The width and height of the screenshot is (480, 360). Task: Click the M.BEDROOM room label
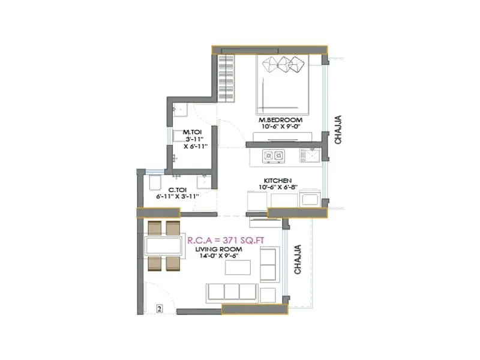(x=281, y=120)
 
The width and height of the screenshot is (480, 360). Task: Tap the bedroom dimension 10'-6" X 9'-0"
(x=281, y=127)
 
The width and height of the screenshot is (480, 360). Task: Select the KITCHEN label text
(x=278, y=181)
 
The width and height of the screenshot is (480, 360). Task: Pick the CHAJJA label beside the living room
(x=297, y=260)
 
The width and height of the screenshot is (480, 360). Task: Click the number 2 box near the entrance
(x=159, y=310)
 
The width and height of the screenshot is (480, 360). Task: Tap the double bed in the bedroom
(x=283, y=83)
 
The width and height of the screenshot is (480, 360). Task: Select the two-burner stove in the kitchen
(x=274, y=157)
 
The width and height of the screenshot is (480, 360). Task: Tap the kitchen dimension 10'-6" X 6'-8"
(x=278, y=188)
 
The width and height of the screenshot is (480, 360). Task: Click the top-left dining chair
(x=154, y=228)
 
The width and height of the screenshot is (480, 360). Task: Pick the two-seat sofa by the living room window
(x=268, y=265)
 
